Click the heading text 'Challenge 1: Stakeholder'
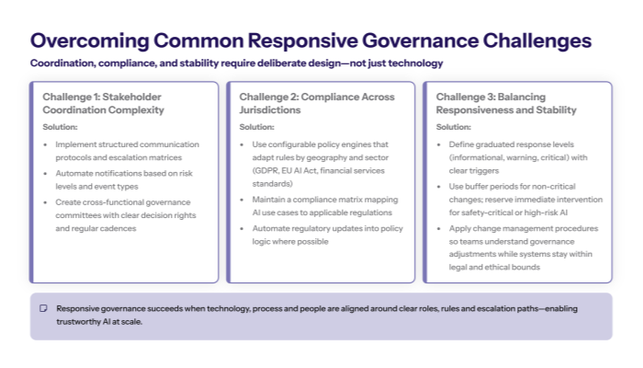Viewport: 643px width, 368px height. [x=101, y=97]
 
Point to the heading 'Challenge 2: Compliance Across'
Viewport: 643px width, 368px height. [x=317, y=97]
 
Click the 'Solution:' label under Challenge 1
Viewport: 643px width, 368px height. [x=60, y=127]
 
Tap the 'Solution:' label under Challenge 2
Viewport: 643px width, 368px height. [x=256, y=127]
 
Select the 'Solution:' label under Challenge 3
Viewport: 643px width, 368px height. [x=453, y=127]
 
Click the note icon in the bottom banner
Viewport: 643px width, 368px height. [x=43, y=308]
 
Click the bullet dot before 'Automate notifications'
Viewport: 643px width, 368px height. [x=46, y=174]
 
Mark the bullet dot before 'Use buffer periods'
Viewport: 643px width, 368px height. [x=439, y=186]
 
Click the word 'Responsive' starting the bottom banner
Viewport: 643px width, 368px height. [x=79, y=308]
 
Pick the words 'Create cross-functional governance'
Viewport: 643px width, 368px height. [x=120, y=202]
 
